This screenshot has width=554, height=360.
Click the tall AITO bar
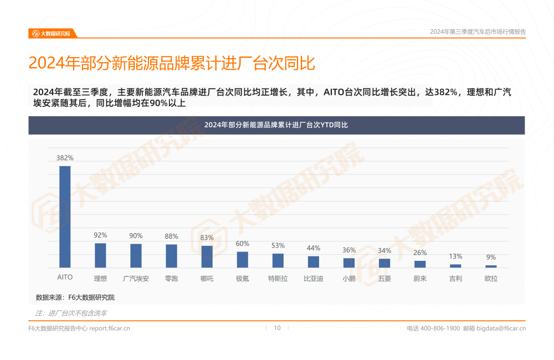(65, 217)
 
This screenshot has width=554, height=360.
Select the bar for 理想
(100, 255)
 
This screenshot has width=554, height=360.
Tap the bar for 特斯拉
(278, 261)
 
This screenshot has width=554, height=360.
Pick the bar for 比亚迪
(314, 262)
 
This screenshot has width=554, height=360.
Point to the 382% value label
(65, 158)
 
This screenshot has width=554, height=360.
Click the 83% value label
(207, 238)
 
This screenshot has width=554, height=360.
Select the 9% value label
(491, 258)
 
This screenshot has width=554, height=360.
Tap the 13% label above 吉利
(455, 256)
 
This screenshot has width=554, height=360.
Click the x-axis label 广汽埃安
(136, 279)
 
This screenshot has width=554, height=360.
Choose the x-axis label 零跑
(171, 279)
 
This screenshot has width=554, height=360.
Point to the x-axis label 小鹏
(349, 279)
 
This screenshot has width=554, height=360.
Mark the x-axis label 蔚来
(420, 279)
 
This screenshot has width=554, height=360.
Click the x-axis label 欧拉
(491, 279)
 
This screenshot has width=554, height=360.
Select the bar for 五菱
(384, 263)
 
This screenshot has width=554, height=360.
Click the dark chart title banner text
(276, 125)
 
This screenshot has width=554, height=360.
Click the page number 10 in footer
(277, 328)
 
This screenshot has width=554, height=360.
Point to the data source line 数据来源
(75, 297)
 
